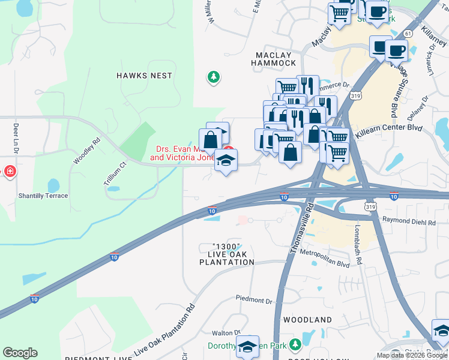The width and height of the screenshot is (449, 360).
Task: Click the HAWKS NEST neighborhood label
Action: pos(144,76)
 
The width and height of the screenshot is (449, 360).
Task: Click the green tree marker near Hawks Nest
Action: pos(212,77)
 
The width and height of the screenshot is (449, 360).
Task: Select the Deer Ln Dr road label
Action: pos(16,137)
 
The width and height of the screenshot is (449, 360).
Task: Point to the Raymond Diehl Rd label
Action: pos(408,222)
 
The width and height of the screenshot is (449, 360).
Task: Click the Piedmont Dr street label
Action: pos(254,299)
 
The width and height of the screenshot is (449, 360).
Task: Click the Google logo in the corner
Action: pos(20,353)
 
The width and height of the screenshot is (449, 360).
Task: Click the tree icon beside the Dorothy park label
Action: pos(294,344)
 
